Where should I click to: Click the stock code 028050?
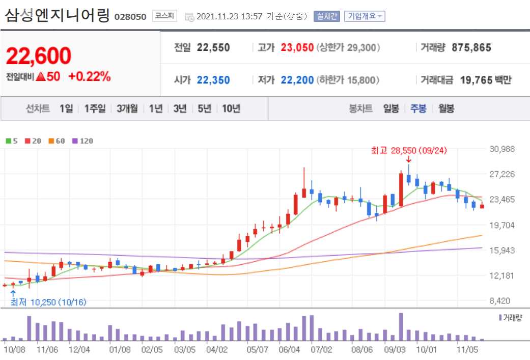click(x=130, y=16)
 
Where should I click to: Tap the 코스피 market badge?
click(x=164, y=16)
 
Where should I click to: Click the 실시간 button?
click(x=326, y=16)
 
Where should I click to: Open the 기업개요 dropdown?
click(x=365, y=16)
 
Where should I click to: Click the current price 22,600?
click(x=39, y=56)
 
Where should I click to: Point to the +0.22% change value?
click(x=89, y=76)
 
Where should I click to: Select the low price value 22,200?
click(x=297, y=80)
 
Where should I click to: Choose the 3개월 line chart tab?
click(x=127, y=108)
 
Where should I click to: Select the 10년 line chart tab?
click(x=231, y=108)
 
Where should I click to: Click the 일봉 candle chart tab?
click(x=391, y=108)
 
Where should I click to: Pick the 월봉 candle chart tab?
click(x=446, y=108)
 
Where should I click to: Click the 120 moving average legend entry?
click(x=83, y=141)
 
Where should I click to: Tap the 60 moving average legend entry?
click(x=57, y=141)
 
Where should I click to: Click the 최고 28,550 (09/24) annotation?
click(x=409, y=151)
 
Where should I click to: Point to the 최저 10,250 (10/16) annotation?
click(x=48, y=302)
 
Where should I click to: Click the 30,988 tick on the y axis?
click(x=502, y=149)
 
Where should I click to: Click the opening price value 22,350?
click(x=213, y=80)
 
